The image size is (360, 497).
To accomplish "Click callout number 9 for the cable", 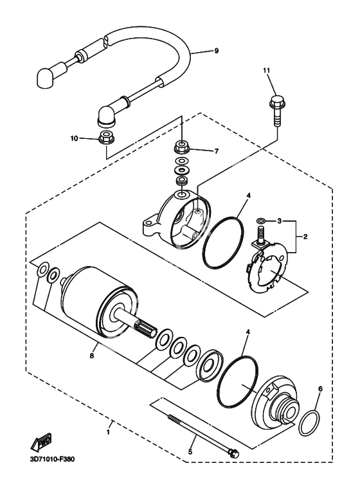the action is coord(217,50).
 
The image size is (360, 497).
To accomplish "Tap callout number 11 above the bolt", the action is coord(267,70).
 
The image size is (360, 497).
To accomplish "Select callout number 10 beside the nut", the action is coord(74,138).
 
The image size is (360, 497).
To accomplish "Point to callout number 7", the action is coord(217,151).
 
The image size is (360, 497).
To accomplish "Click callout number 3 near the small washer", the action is coord(279,221).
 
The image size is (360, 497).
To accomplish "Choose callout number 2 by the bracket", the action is coord(305,237).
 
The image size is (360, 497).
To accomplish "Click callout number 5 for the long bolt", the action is coord(190,452).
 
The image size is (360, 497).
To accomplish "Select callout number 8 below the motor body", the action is coord(91,356).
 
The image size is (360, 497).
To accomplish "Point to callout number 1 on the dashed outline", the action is coord(108,431).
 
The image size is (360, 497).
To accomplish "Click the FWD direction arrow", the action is coord(41,442).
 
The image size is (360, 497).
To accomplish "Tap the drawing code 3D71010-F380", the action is coord(50,458).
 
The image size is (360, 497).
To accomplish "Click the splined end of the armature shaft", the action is coord(145,330).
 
